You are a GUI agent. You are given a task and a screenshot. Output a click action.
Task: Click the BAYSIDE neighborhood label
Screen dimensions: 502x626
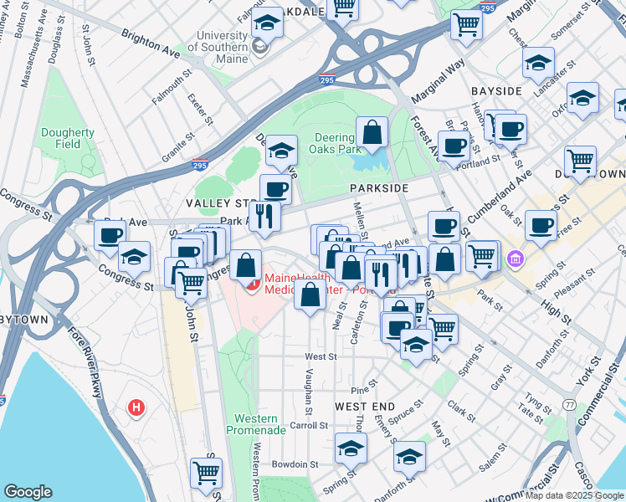[496, 90]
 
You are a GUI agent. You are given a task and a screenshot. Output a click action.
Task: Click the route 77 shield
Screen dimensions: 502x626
[569, 404]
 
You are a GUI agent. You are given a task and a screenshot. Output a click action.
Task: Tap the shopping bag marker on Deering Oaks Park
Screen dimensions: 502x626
[372, 131]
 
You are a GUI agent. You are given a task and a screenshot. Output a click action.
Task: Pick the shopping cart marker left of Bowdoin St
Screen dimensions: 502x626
[205, 472]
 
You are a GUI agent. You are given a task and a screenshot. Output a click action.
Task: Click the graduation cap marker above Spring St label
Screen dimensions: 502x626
[351, 448]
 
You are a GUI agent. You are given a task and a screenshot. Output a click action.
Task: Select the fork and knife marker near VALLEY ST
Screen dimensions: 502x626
[265, 216]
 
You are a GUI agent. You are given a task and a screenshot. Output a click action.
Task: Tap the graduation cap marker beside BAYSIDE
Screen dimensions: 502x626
[538, 62]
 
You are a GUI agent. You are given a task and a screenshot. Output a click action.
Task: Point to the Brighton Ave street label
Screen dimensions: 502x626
[151, 44]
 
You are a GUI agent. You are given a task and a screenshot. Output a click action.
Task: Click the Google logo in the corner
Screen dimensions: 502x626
[28, 491]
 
